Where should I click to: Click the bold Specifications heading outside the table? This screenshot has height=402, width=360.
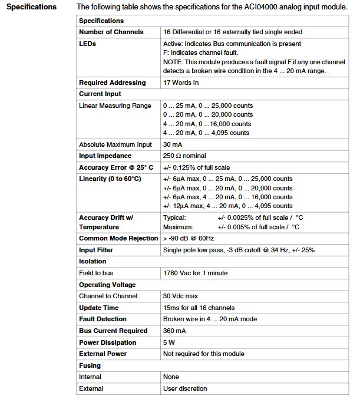click(x=31, y=7)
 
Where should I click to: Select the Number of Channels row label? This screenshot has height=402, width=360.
click(x=111, y=32)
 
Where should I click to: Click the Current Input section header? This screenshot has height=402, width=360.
click(x=100, y=94)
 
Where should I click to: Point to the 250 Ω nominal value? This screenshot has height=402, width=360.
click(x=184, y=156)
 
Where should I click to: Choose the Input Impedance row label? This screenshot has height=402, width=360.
click(x=105, y=156)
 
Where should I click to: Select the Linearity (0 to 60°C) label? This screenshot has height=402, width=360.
click(x=110, y=179)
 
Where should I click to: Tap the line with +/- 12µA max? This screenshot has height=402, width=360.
click(x=227, y=206)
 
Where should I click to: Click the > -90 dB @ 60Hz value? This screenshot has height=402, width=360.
click(x=188, y=238)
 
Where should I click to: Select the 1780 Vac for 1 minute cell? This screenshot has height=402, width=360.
click(x=195, y=273)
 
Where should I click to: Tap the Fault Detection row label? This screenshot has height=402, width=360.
click(x=103, y=319)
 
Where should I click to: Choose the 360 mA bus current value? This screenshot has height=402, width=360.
click(x=175, y=331)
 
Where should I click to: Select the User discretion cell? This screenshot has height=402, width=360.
click(x=185, y=388)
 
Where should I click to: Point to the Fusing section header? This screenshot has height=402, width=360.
click(x=91, y=365)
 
